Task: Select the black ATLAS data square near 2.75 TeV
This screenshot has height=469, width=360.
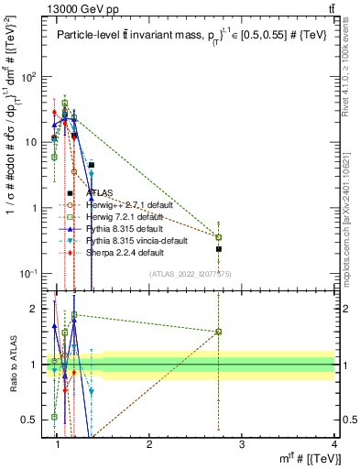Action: (219, 248)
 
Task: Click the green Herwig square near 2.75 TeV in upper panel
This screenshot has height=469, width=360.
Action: (219, 237)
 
